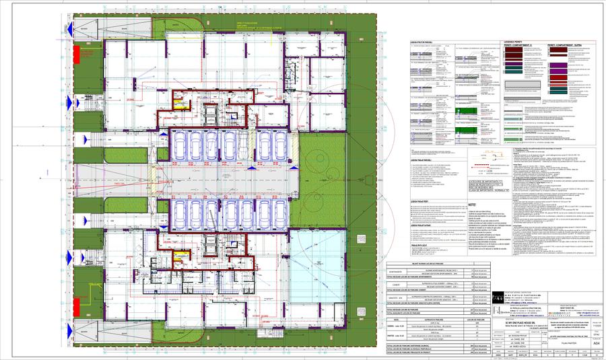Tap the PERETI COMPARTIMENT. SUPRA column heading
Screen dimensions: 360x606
(x=569, y=46)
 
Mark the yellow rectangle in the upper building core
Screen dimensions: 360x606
(x=178, y=104)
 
